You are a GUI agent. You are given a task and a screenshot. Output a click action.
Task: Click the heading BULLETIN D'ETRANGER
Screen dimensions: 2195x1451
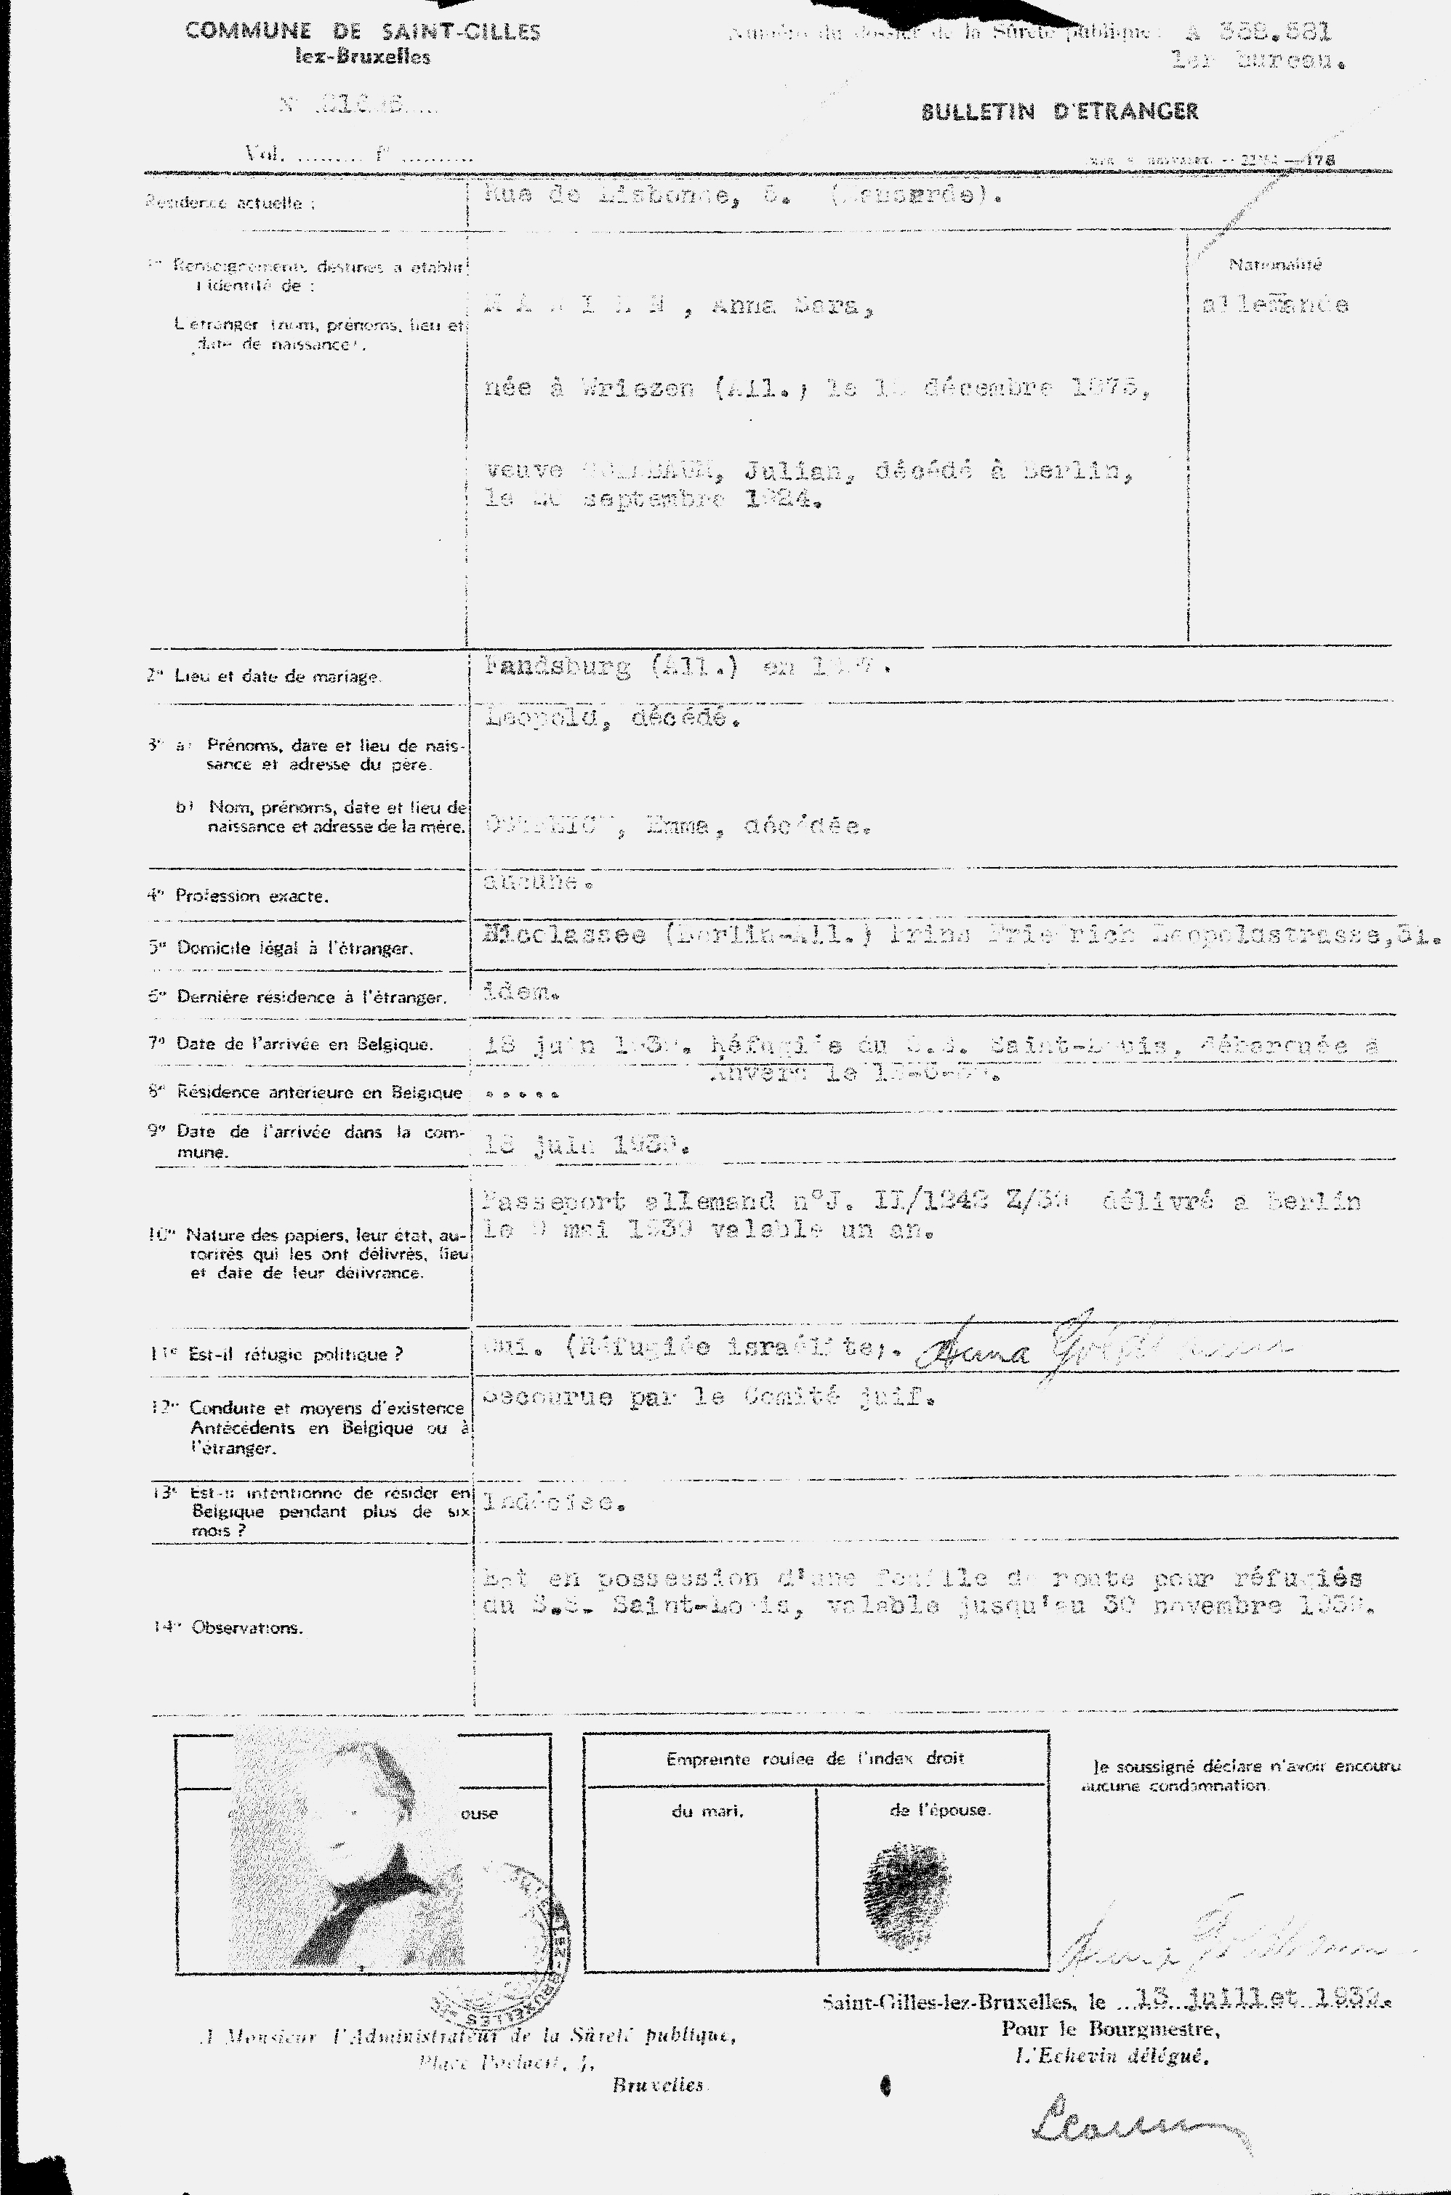tap(1060, 112)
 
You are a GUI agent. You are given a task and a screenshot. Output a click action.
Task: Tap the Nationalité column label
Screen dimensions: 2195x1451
tap(1275, 265)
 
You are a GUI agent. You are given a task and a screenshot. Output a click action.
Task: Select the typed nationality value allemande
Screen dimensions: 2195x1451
tap(1274, 305)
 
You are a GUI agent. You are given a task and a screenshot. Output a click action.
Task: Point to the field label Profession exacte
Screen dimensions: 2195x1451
tap(252, 895)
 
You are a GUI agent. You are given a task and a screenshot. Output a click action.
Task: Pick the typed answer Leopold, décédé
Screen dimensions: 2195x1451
tap(611, 718)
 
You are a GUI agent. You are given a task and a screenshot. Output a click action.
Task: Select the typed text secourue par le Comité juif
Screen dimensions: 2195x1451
tap(709, 1398)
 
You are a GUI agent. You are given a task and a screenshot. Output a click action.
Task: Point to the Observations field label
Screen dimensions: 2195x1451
tap(247, 1627)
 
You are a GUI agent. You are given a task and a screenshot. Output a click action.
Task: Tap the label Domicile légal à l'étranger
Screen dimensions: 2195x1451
tap(294, 948)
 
